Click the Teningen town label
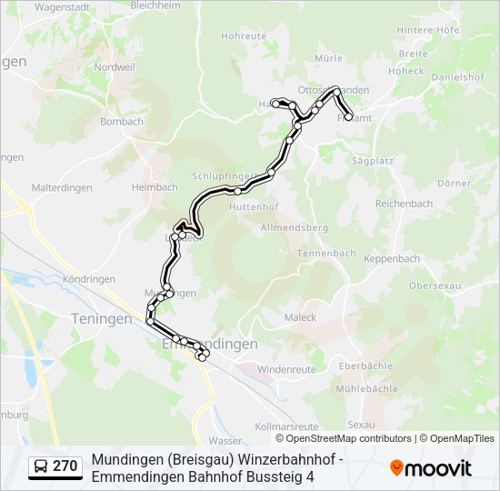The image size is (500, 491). coord(101,319)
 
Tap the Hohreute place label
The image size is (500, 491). coord(244,36)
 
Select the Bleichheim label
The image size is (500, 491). coord(155,5)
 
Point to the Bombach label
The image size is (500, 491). coord(122,121)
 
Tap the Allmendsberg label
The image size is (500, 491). coord(294,226)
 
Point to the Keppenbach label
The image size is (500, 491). coord(392,259)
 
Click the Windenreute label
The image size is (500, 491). coord(286,370)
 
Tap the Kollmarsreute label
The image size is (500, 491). coord(287,426)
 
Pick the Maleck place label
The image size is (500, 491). coord(300,317)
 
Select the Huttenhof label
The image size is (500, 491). coord(254,207)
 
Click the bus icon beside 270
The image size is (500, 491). coord(42,466)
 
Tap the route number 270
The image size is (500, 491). coord(65,466)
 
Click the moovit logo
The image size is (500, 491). coord(431,468)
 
